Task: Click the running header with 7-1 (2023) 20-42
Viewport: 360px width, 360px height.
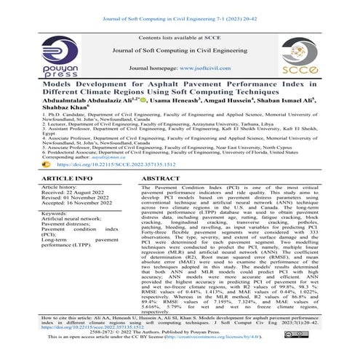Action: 180,7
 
